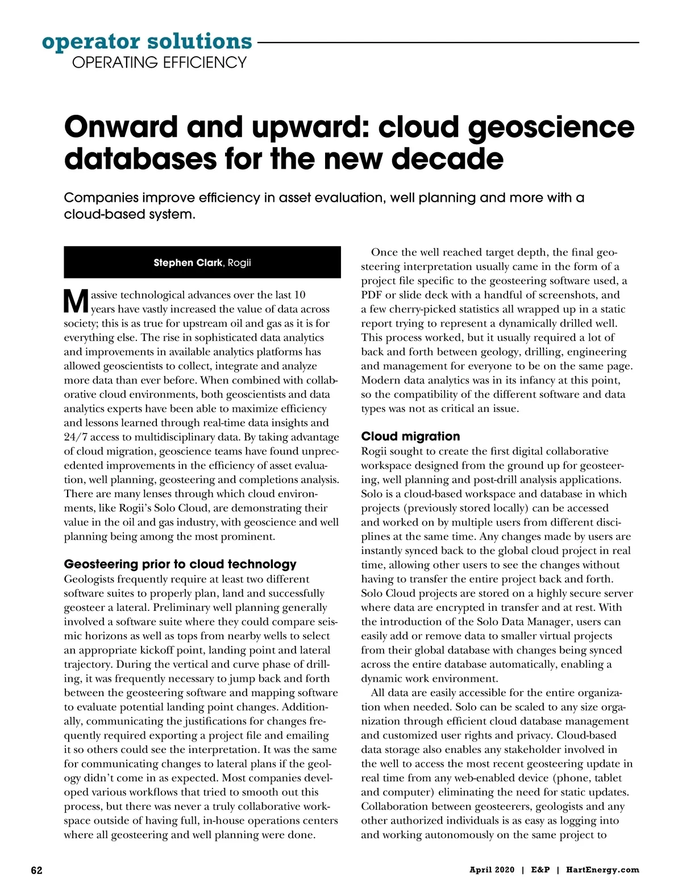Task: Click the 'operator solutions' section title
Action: point(147,41)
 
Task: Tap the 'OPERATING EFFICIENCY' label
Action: point(159,63)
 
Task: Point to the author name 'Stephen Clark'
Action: point(188,263)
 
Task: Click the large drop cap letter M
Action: point(76,302)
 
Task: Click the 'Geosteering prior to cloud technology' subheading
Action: point(180,564)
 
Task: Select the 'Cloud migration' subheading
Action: point(410,436)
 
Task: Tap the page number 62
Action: point(36,871)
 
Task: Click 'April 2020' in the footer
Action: point(492,870)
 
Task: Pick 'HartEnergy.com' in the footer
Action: point(602,870)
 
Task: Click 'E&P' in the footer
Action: point(540,870)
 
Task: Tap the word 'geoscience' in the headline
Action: point(551,127)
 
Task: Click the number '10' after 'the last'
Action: point(299,295)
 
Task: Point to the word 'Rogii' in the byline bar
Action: point(239,263)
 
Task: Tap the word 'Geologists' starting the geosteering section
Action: point(89,579)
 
